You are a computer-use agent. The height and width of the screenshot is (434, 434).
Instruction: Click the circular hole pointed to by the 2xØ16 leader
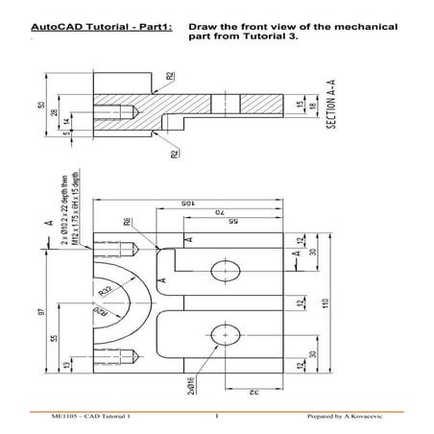pyautogui.click(x=227, y=332)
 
